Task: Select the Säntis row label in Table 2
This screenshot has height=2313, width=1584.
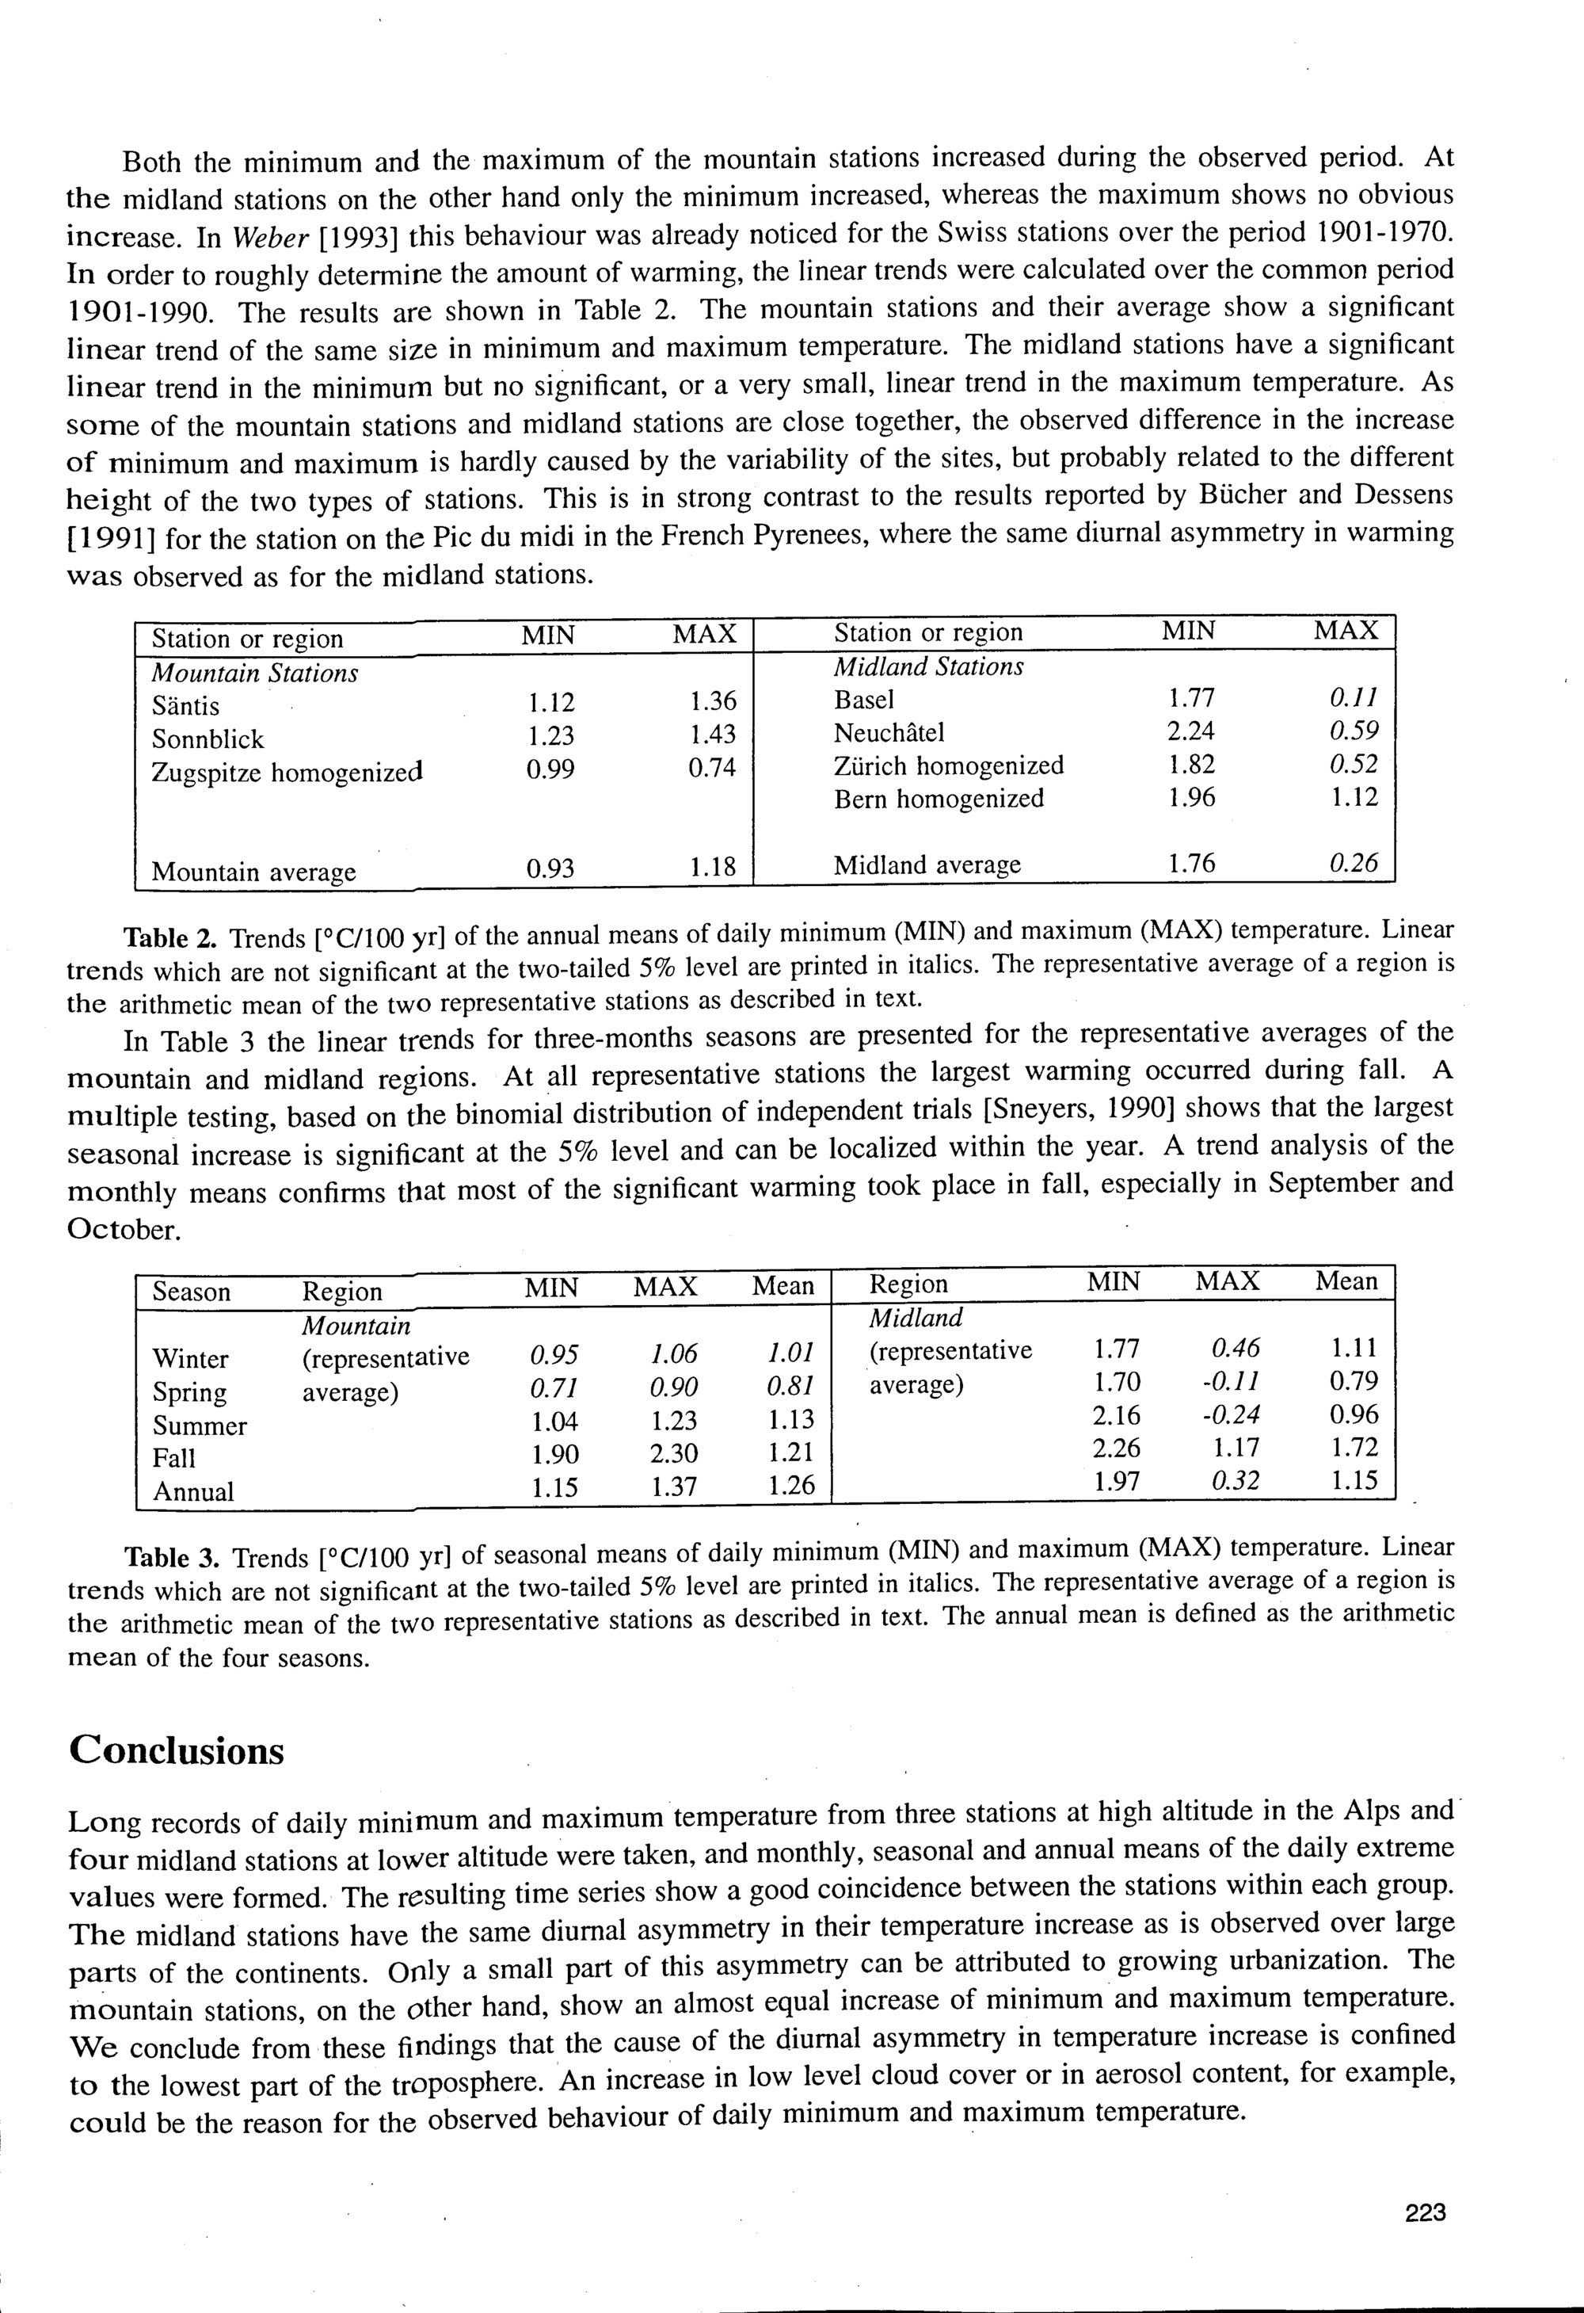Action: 185,707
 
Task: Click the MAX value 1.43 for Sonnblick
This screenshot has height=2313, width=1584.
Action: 712,735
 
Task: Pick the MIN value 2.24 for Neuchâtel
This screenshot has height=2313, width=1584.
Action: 1190,731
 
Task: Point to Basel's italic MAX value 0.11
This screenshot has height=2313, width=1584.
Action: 1354,699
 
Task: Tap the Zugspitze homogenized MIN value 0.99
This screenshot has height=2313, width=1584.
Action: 550,769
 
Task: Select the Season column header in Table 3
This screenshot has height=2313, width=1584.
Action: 191,1292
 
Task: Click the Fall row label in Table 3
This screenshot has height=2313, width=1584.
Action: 174,1458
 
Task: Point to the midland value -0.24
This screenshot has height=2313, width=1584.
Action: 1231,1414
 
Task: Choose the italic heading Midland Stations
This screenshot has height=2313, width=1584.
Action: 928,667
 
